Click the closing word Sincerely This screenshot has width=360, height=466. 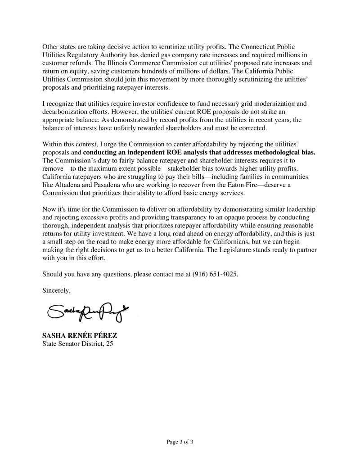tap(56, 290)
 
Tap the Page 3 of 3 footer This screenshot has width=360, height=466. tap(180, 442)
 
